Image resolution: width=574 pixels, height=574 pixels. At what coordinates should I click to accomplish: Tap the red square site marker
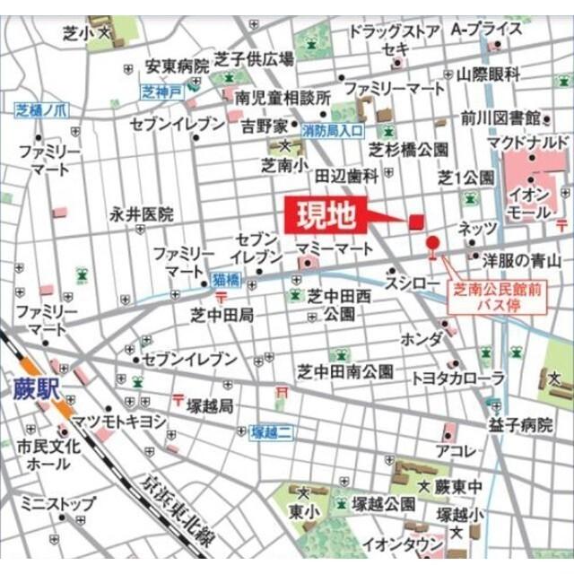(415, 222)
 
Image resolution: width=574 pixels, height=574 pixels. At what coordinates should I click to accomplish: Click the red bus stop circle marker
(433, 243)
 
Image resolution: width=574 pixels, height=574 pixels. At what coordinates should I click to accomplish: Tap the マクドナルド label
(527, 143)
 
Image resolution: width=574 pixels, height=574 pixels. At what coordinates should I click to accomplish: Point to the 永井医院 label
(142, 214)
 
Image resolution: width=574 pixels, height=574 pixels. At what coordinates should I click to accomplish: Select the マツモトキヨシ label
(121, 420)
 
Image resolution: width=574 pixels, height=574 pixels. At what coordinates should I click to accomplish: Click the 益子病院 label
(521, 425)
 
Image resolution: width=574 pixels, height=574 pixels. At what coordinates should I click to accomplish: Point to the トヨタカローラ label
(458, 379)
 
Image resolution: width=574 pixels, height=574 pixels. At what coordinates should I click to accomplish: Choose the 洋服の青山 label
(522, 261)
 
